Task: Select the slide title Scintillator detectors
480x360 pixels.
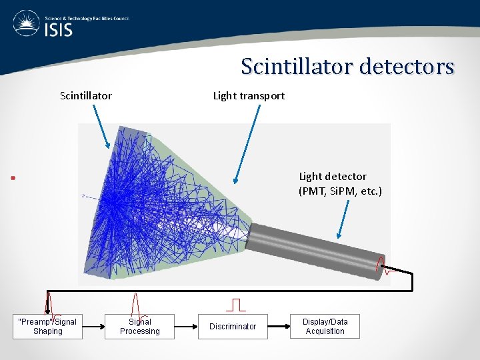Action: tap(347, 67)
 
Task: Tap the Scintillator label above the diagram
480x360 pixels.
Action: tap(86, 95)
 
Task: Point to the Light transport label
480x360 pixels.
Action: tap(249, 95)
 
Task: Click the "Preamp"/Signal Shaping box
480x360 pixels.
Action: tap(47, 326)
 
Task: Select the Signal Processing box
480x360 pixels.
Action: tap(139, 326)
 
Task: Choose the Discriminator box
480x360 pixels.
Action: tap(233, 326)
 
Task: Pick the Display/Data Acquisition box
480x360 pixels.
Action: tap(325, 326)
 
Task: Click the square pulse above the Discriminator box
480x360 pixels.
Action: tap(235, 305)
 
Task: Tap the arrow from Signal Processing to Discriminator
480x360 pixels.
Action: tap(186, 327)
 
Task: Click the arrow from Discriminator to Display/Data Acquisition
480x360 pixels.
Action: tap(278, 327)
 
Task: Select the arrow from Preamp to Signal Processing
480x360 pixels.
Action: tap(93, 327)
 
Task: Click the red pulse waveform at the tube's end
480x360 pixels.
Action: tap(383, 265)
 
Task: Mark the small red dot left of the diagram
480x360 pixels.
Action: tap(13, 178)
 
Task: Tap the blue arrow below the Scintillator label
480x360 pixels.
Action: tap(98, 127)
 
